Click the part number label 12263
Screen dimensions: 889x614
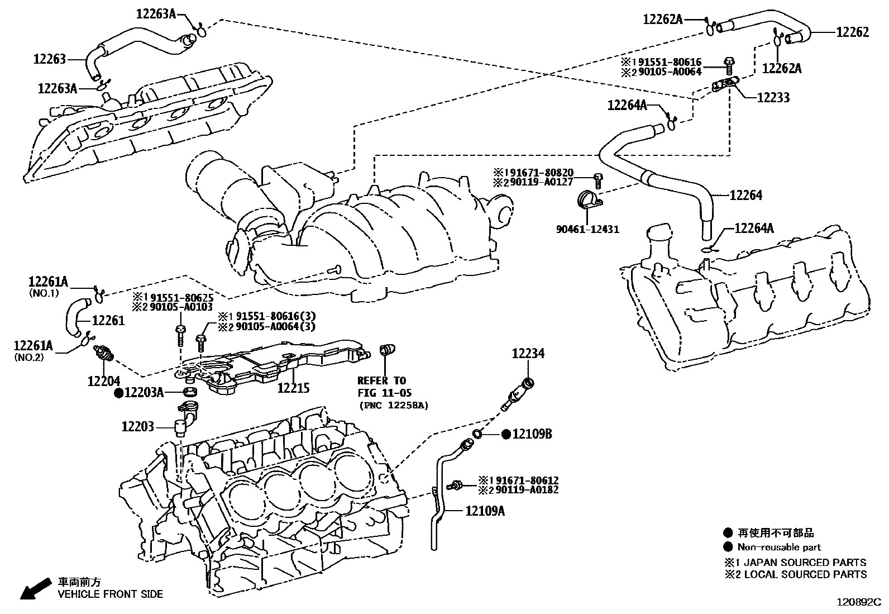click(x=50, y=59)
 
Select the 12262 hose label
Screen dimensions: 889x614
click(x=853, y=32)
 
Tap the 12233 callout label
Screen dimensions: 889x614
click(x=773, y=97)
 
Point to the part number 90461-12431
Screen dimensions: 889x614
click(x=587, y=229)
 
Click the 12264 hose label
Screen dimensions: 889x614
click(x=745, y=195)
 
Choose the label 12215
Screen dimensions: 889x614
click(x=293, y=388)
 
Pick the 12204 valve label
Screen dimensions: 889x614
click(x=103, y=381)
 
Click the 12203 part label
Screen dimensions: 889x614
click(x=138, y=426)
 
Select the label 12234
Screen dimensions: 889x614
click(x=528, y=353)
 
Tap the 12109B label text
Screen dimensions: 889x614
click(x=532, y=434)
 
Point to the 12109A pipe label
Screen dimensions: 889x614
click(x=485, y=511)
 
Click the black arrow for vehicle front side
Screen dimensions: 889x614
click(x=36, y=588)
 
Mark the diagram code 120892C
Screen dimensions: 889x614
click(x=859, y=602)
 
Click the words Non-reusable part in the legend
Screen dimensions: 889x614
click(x=779, y=547)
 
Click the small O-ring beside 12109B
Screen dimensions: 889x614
click(x=477, y=434)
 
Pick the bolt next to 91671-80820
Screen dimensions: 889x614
click(x=598, y=180)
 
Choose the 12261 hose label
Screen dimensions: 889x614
click(x=108, y=320)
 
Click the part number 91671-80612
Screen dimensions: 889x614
click(x=527, y=480)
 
